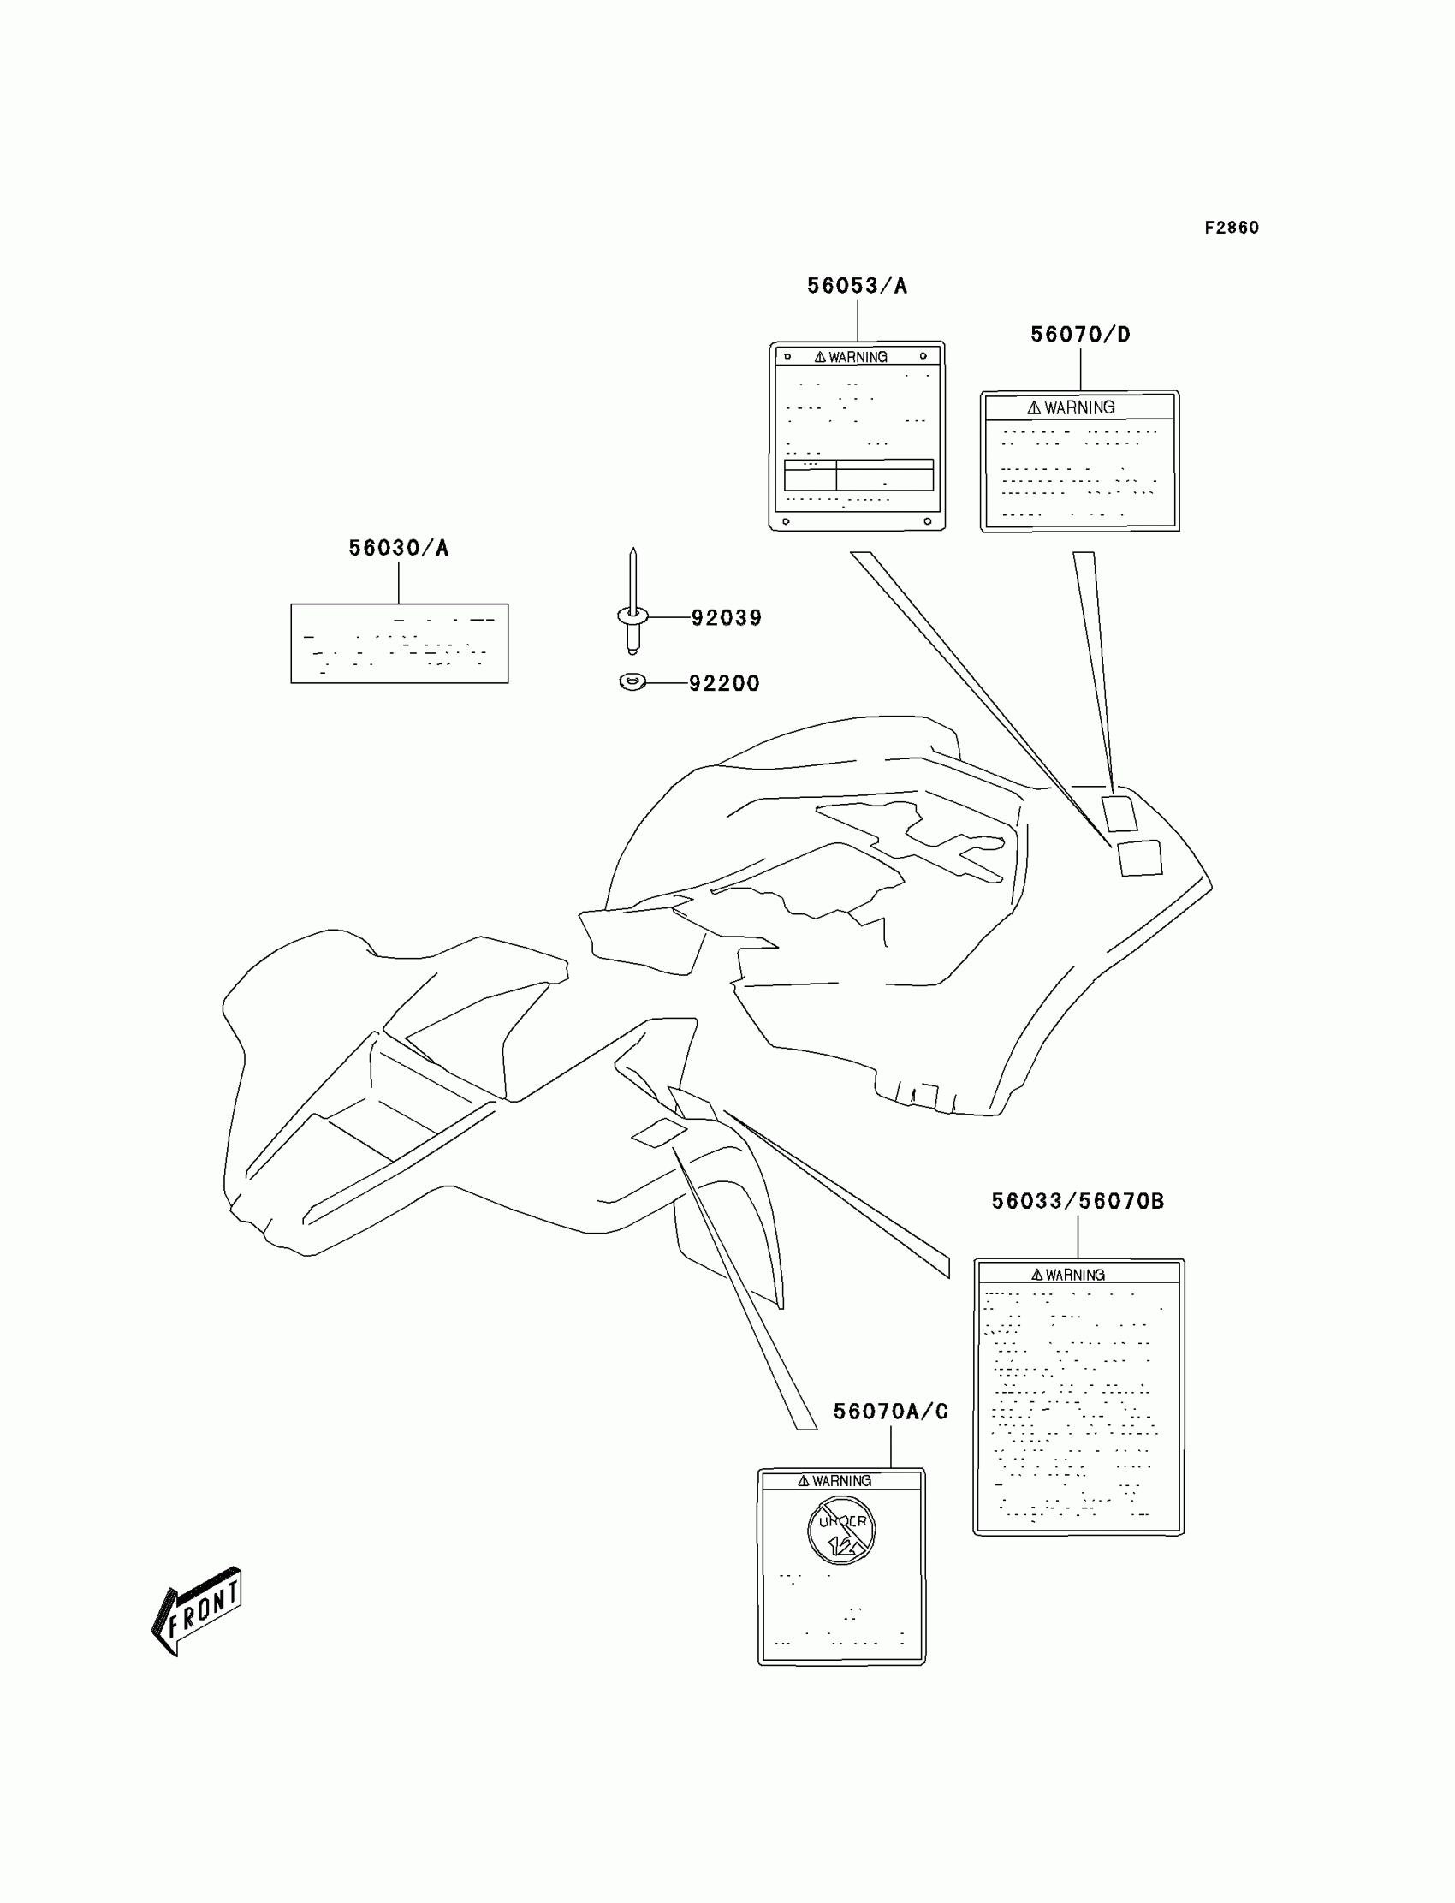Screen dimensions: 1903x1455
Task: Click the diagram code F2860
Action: coord(1232,228)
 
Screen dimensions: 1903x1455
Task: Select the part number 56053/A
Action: coord(857,286)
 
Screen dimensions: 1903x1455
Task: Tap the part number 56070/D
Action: coord(1080,335)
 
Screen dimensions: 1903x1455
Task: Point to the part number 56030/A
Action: coord(398,547)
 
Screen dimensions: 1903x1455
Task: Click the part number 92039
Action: coord(726,617)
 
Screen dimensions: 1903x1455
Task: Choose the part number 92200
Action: coord(724,683)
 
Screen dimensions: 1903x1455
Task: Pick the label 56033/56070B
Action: coord(1078,1201)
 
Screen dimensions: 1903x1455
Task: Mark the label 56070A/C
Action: coord(890,1412)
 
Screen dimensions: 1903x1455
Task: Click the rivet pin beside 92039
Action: coord(633,606)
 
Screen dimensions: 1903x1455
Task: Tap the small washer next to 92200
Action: coord(633,682)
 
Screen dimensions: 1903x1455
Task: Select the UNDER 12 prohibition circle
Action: coord(841,1531)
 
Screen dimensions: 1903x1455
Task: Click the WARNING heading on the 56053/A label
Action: coord(852,357)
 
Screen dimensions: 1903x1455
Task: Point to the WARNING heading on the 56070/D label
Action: coord(1072,408)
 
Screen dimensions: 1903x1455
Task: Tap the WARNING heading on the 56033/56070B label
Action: coord(1068,1275)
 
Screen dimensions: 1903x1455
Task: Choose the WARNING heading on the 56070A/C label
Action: coord(834,1481)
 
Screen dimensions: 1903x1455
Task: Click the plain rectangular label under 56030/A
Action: coord(399,644)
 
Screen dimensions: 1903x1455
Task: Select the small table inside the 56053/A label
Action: coord(858,475)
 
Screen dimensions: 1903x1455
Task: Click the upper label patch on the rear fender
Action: coord(1119,813)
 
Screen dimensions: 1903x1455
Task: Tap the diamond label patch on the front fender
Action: coord(658,1132)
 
